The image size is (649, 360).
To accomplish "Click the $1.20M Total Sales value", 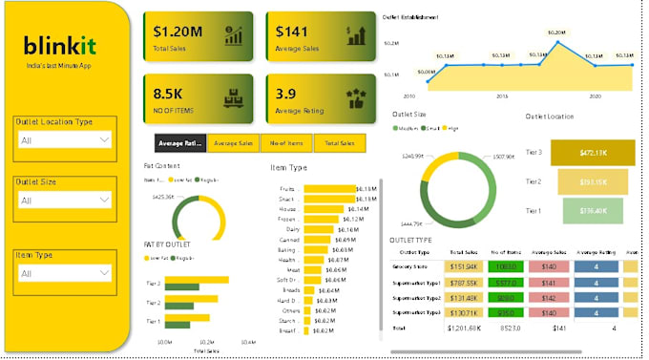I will click(x=177, y=32).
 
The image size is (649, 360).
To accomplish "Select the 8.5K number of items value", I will click(x=169, y=93).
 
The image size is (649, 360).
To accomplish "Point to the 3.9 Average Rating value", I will click(x=285, y=94).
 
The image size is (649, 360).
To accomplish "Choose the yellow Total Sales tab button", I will click(x=341, y=143).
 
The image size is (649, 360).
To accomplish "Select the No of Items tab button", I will click(x=287, y=143).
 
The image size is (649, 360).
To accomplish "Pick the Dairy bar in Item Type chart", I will click(x=320, y=230).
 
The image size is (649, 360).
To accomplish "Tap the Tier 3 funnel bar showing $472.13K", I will click(x=593, y=152).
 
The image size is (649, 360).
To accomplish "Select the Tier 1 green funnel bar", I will click(x=593, y=210).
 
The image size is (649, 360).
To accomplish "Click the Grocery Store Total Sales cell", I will click(x=463, y=266).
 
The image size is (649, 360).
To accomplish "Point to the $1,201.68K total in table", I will click(x=463, y=328).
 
